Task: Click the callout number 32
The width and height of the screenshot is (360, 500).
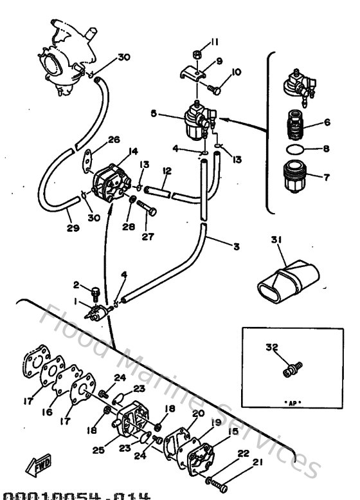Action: pos(272,347)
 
